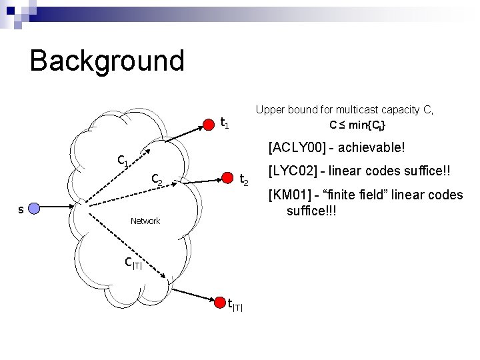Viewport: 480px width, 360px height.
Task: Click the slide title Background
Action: [x=107, y=61]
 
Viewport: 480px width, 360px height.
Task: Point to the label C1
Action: [x=123, y=161]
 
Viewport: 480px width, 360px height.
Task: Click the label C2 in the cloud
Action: [x=157, y=179]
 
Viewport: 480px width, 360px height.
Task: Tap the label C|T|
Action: [x=134, y=263]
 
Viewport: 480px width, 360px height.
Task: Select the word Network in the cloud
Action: [x=145, y=221]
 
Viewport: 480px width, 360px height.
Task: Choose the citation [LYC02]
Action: [x=291, y=171]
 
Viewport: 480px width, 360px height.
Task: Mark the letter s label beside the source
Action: [x=21, y=209]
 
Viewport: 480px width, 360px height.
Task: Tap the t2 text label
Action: [x=245, y=179]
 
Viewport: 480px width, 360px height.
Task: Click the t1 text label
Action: [x=225, y=123]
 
